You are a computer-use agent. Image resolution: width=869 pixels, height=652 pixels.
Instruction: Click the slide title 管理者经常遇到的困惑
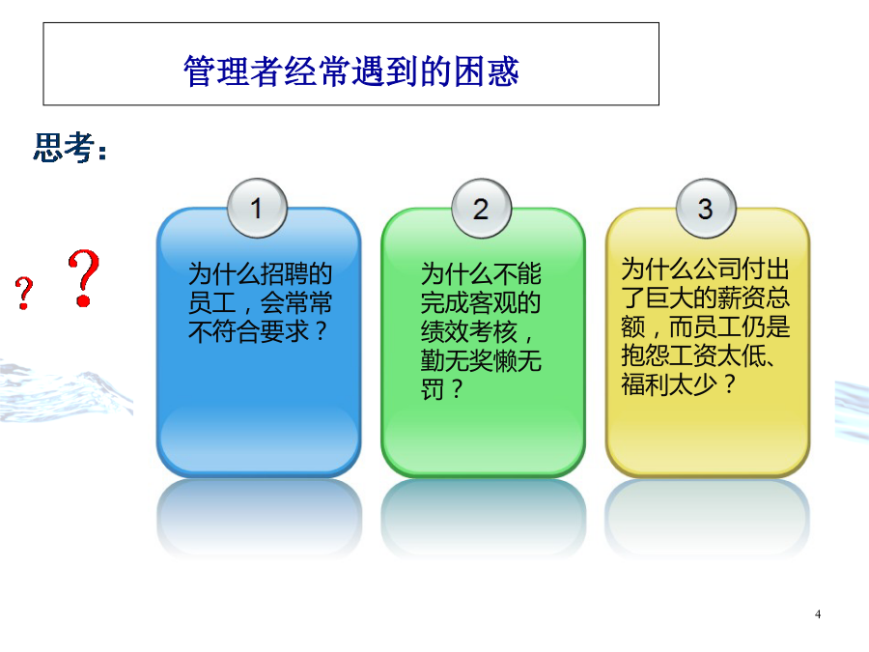tap(351, 71)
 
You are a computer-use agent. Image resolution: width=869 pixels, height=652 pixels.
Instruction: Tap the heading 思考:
tap(70, 148)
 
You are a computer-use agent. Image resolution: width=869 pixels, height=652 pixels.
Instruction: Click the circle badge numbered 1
tap(257, 209)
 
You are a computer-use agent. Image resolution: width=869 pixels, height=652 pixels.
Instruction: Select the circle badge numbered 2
tap(482, 209)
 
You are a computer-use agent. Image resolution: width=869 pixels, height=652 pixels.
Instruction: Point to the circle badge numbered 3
tap(706, 209)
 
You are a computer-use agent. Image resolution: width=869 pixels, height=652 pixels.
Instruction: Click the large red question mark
tap(84, 278)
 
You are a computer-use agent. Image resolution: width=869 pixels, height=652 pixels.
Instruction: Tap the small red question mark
tap(24, 293)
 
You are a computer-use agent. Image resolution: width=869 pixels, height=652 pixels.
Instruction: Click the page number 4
tap(818, 614)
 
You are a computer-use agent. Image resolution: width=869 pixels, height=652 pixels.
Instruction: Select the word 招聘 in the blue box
tap(284, 274)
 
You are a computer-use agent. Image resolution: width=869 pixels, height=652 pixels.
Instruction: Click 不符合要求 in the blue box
tap(248, 331)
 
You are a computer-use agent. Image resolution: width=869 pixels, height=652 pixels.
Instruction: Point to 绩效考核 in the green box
tap(469, 331)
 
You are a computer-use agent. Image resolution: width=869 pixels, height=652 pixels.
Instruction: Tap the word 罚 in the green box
tap(433, 389)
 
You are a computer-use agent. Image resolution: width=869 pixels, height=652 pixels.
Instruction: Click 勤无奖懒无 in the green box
tap(481, 360)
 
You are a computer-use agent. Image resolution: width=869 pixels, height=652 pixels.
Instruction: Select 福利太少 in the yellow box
tap(669, 383)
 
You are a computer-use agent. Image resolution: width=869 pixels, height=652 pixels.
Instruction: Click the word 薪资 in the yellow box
tap(742, 298)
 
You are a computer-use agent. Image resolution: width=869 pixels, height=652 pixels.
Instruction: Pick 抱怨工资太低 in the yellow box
tap(693, 354)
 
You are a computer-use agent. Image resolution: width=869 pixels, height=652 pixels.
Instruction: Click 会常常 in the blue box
tap(296, 302)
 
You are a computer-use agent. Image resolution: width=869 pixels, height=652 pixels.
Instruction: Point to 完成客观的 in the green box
tap(481, 302)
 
